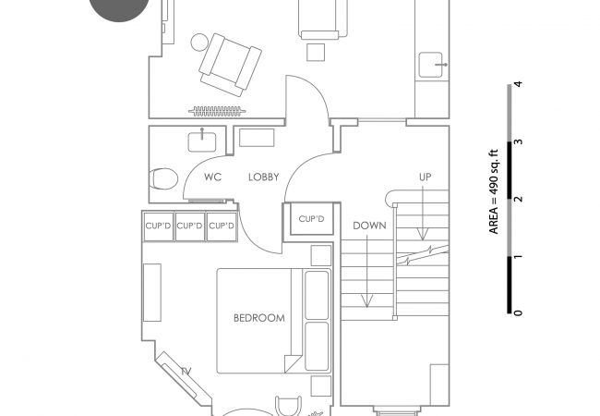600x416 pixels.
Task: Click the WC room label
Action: tap(212, 177)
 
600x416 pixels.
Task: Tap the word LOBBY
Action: tap(264, 177)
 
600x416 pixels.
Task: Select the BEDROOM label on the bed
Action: tap(259, 318)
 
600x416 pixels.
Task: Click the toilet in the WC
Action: tap(163, 179)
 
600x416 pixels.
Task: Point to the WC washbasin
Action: tap(202, 141)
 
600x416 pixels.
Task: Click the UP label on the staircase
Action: tap(426, 177)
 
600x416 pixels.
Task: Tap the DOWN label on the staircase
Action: tap(369, 226)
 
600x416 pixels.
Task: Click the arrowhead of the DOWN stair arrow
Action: tap(367, 300)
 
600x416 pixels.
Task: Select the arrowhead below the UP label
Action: tap(423, 234)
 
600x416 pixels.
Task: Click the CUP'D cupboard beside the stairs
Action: tap(311, 219)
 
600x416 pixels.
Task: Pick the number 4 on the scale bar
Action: tap(518, 84)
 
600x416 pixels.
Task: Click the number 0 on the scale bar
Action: tap(518, 313)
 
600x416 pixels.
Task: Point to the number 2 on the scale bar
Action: tap(518, 199)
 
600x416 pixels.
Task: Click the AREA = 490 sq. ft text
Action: tap(494, 191)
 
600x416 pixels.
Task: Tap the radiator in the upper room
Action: tap(217, 112)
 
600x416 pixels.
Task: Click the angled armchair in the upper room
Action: tap(231, 65)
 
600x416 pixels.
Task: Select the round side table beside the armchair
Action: tap(199, 43)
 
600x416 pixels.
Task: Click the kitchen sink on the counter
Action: tap(431, 65)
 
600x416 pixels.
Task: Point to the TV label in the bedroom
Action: tap(186, 371)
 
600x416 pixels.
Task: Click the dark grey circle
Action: tap(119, 8)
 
